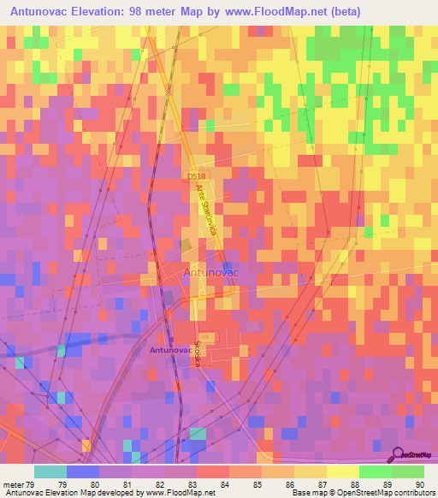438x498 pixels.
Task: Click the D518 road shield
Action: pyautogui.click(x=197, y=176)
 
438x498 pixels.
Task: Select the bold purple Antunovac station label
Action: pyautogui.click(x=172, y=350)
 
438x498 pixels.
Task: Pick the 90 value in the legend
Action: pyautogui.click(x=418, y=483)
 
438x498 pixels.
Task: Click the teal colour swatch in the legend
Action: pyautogui.click(x=50, y=471)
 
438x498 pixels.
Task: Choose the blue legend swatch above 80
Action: pyautogui.click(x=83, y=471)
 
